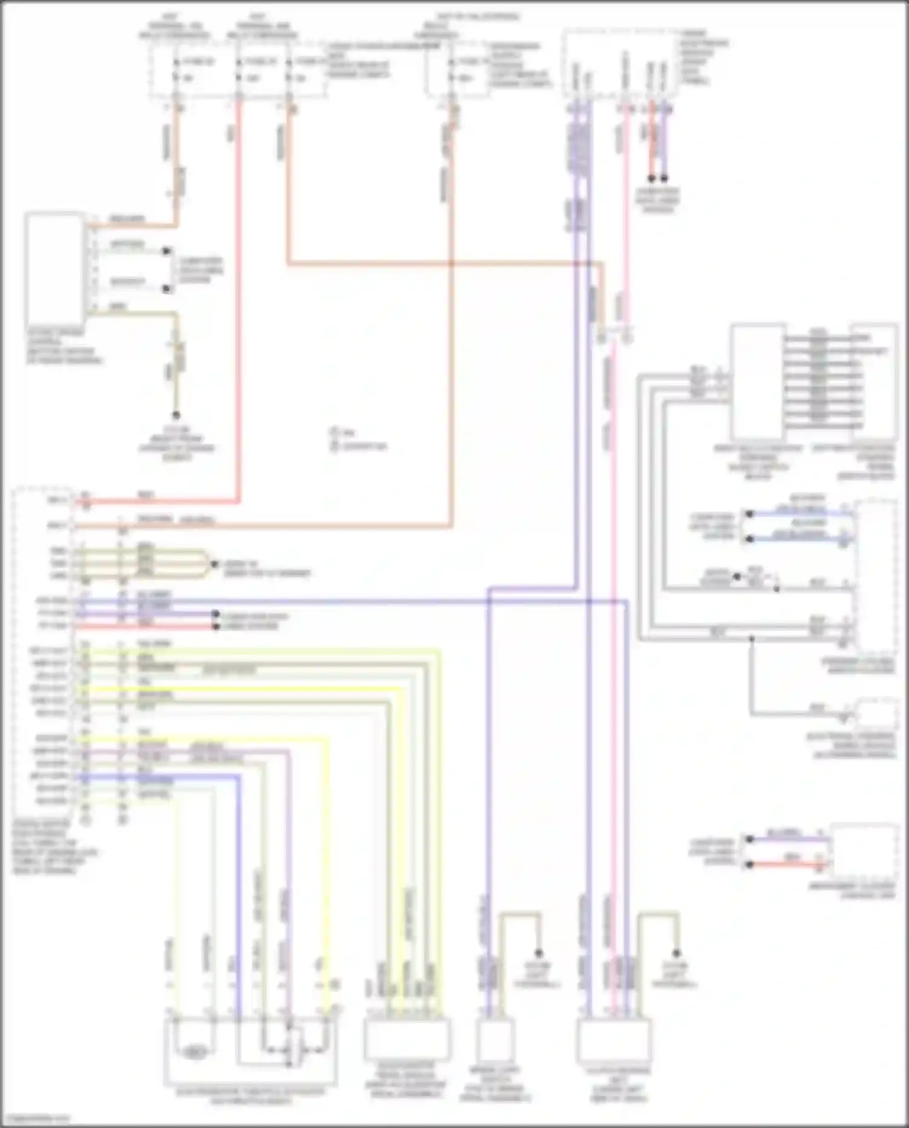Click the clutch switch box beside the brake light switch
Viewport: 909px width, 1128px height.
(x=614, y=1039)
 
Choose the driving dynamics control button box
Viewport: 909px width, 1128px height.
(x=55, y=270)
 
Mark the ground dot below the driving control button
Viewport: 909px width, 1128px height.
(x=176, y=415)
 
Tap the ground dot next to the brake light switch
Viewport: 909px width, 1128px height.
(x=538, y=953)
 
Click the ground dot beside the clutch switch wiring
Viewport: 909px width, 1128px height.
(x=677, y=953)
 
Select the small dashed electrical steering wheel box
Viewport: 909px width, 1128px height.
(x=876, y=714)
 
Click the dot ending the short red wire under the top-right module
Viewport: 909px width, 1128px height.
(x=651, y=179)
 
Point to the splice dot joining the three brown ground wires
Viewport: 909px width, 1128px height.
(x=213, y=564)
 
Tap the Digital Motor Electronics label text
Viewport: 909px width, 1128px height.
(x=55, y=849)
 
